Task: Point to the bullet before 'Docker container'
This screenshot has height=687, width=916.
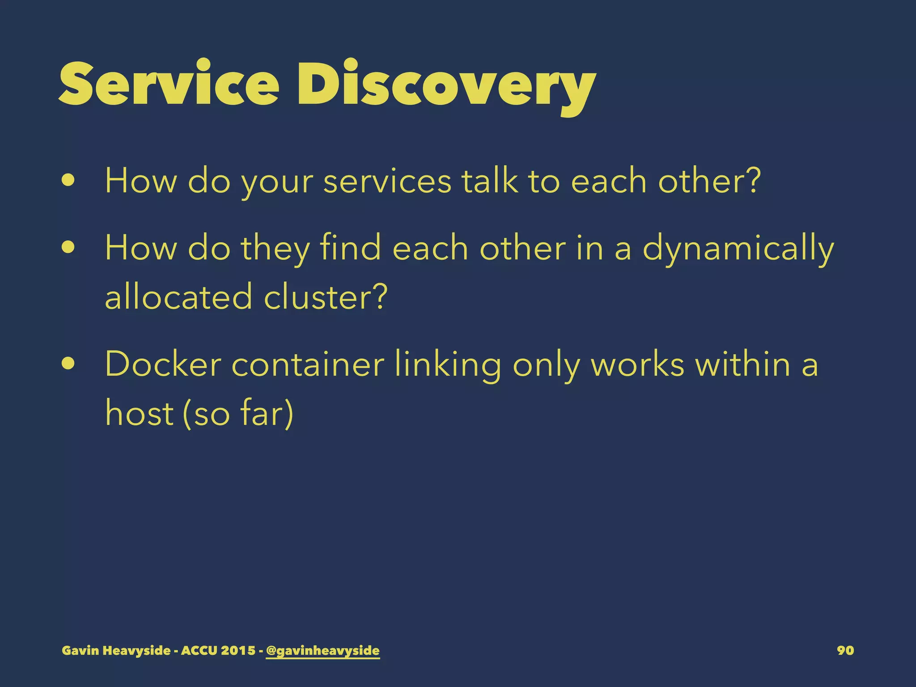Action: (68, 363)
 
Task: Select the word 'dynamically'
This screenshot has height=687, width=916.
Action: (738, 249)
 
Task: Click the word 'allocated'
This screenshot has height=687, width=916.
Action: (178, 297)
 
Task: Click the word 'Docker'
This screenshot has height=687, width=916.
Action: (163, 364)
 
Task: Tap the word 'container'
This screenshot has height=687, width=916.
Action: (308, 364)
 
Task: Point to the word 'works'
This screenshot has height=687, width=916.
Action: (637, 364)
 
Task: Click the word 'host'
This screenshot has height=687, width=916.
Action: (139, 412)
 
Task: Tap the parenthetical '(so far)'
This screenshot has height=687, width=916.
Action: (238, 413)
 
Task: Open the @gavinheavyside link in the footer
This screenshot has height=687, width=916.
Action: (322, 650)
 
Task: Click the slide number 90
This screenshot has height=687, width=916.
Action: (845, 650)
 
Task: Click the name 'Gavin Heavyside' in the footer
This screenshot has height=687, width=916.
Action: (116, 650)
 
